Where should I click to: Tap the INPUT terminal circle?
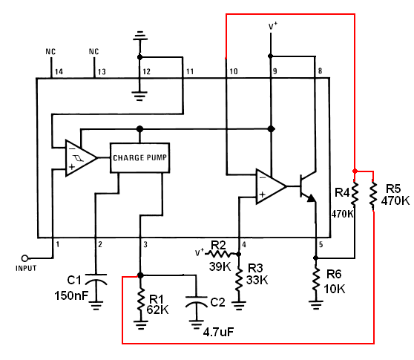(x=24, y=258)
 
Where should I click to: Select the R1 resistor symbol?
(x=141, y=301)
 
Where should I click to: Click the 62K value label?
(x=157, y=310)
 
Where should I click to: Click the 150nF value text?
(x=71, y=295)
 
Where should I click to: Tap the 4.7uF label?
(x=219, y=332)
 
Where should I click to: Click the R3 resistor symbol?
(x=239, y=280)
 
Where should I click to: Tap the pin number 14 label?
(x=59, y=71)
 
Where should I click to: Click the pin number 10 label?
(x=234, y=71)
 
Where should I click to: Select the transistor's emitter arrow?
(x=312, y=198)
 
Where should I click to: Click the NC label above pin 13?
(x=93, y=51)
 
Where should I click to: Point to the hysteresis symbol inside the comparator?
(x=79, y=158)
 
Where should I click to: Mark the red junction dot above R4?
(x=355, y=171)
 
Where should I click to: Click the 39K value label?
(x=220, y=266)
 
